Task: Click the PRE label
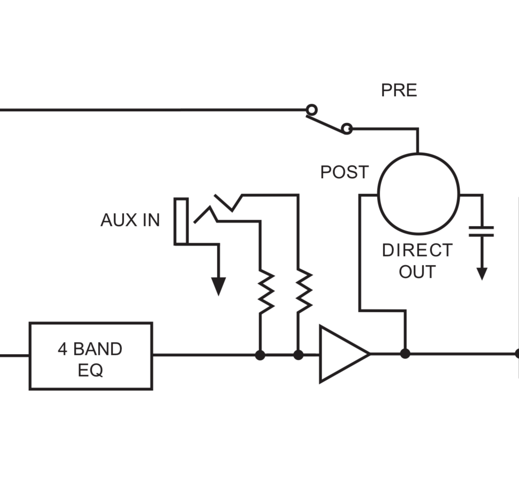pos(399,90)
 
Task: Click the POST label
pos(344,172)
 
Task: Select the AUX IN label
pos(130,220)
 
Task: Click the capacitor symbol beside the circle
pos(481,231)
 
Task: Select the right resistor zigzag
pos(304,291)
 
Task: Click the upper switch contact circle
pos(311,109)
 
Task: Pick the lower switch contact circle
pos(347,129)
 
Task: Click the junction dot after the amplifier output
pos(405,354)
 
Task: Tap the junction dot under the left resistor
pos(260,355)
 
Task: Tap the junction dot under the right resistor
pos(298,355)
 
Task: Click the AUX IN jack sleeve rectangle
pos(181,221)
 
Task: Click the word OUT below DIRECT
pos(417,272)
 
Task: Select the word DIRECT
pos(417,250)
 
